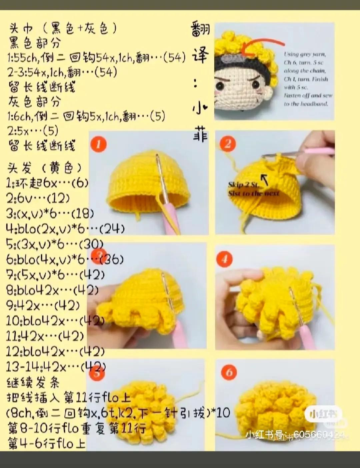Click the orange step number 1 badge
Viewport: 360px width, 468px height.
click(98, 144)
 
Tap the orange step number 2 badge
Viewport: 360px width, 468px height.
click(228, 144)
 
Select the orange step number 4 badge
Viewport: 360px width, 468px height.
click(224, 259)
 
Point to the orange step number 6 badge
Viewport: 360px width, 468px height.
click(229, 372)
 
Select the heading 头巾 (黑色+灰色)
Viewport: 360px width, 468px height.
click(63, 29)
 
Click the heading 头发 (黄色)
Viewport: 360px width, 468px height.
click(45, 168)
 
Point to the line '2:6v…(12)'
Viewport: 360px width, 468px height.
click(38, 198)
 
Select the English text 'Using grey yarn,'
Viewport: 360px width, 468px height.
click(305, 54)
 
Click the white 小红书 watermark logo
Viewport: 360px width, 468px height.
click(323, 414)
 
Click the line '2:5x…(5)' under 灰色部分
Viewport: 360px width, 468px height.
click(33, 130)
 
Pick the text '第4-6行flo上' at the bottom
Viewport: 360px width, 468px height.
click(47, 444)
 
